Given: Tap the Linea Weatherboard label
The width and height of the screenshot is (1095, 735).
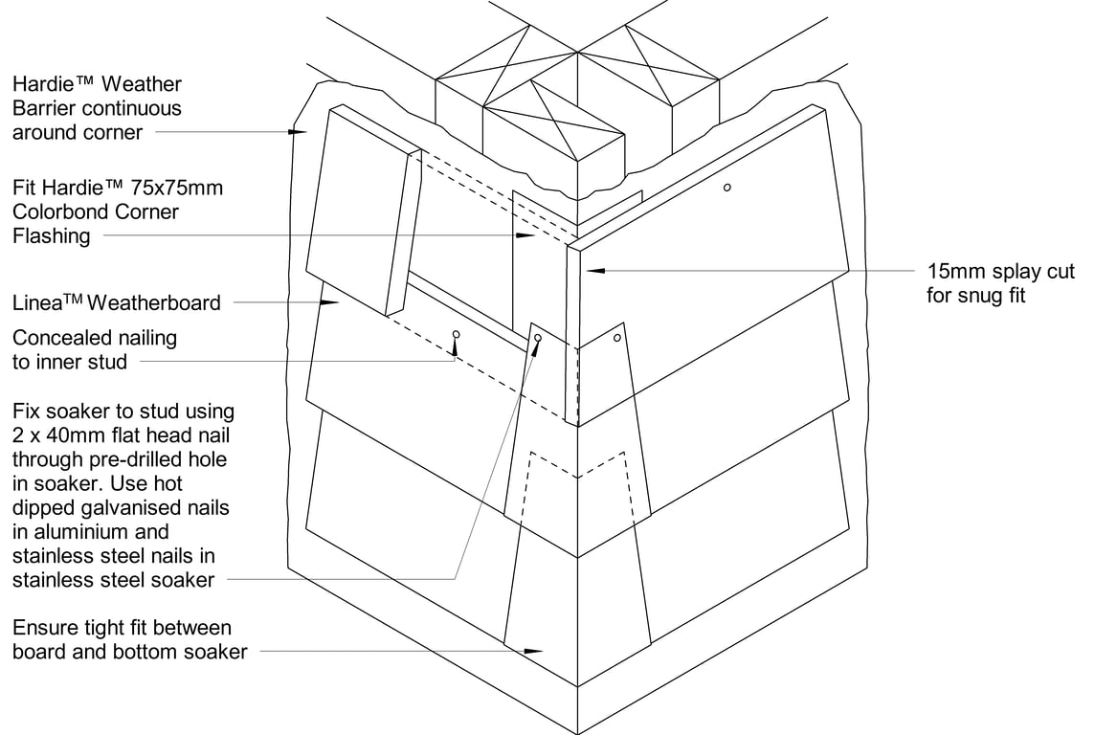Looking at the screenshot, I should (x=116, y=303).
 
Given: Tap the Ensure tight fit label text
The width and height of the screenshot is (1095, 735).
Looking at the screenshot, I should (x=122, y=639).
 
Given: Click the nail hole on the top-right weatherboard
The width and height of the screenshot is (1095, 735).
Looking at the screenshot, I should (x=727, y=188).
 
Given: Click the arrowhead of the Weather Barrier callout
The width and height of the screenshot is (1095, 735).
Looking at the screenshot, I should (x=300, y=131).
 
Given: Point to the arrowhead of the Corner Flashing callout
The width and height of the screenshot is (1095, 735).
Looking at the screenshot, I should (x=525, y=234).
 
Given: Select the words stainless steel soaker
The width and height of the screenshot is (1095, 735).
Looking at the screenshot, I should (x=113, y=579).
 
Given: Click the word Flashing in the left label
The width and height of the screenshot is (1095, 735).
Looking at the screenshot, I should (x=52, y=235).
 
